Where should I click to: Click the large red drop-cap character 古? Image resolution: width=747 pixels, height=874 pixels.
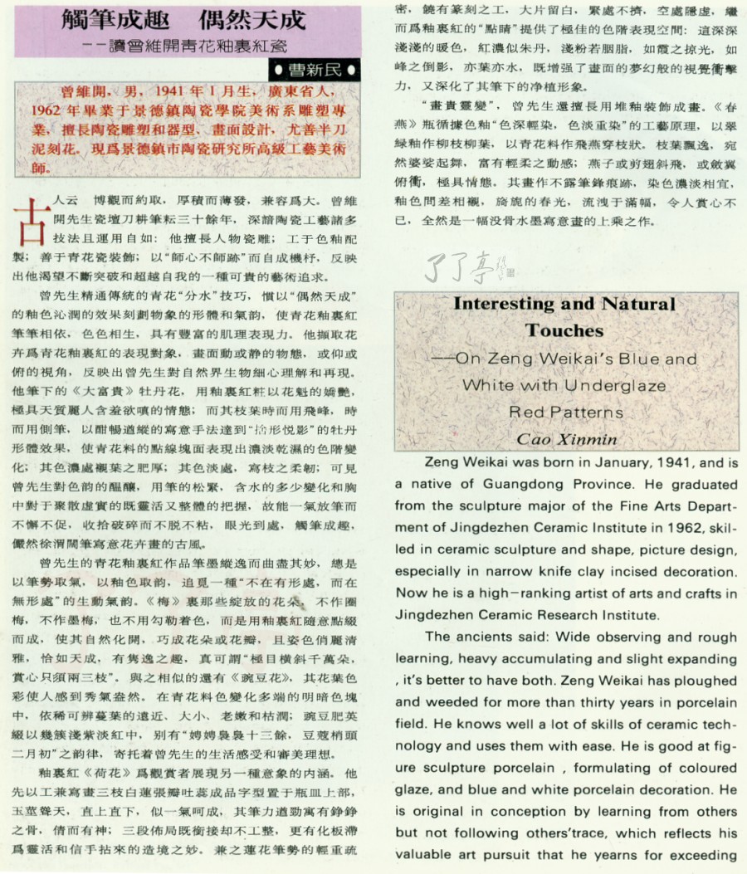click(25, 215)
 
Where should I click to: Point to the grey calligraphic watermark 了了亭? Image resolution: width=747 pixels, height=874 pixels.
click(466, 268)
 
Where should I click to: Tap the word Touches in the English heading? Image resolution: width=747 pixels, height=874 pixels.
click(564, 330)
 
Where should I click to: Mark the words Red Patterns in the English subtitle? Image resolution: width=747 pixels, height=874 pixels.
click(565, 412)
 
